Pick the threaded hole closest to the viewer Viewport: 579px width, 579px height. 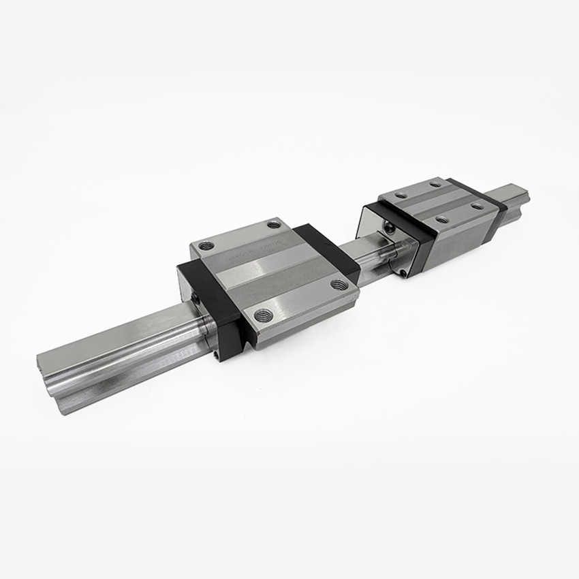(x=263, y=315)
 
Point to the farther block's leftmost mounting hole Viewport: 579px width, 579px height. (x=401, y=195)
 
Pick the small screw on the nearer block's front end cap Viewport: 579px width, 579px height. (x=195, y=298)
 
